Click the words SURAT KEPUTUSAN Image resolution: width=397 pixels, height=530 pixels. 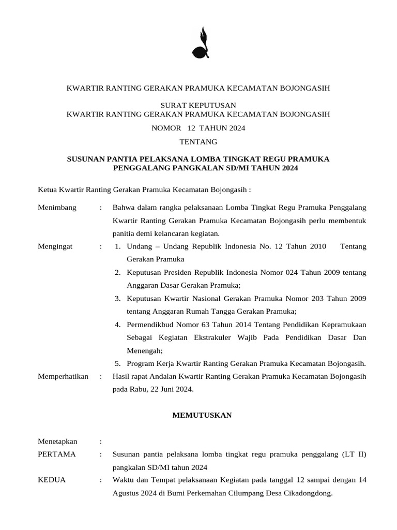coord(198,105)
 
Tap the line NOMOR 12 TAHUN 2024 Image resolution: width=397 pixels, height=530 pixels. coord(198,128)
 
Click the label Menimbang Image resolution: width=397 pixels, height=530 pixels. coord(57,208)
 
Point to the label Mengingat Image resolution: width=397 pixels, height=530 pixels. coord(55,246)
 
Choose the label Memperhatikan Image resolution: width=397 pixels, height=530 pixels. coord(63,376)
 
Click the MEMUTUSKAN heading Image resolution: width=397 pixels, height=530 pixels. coord(202,415)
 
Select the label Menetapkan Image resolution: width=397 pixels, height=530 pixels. coord(58,441)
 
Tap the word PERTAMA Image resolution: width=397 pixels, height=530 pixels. coord(57,454)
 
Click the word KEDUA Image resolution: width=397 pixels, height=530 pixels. coord(52,480)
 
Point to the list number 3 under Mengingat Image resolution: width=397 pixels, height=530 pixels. coord(118,299)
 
